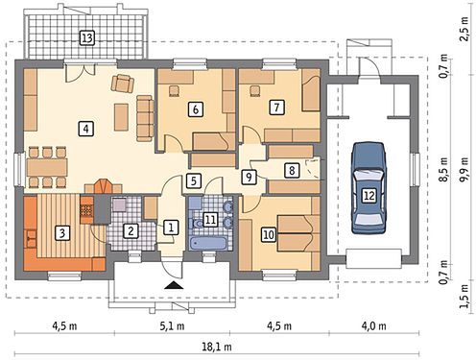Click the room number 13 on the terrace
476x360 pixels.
pos(86,38)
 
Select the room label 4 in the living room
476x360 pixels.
pos(85,129)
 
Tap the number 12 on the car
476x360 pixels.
pos(369,195)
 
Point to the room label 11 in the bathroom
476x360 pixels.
pos(210,220)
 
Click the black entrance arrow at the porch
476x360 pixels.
pos(174,285)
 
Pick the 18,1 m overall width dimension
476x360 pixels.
pos(217,347)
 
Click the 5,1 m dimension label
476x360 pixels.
pos(172,326)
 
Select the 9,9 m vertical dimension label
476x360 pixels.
pos(464,170)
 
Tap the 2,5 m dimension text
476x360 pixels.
pos(464,28)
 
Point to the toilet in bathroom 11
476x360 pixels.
pos(197,223)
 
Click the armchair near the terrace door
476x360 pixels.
pos(123,84)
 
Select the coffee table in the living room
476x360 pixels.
pos(121,117)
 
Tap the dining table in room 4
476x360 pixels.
pos(47,167)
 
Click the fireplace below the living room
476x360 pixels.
pos(103,186)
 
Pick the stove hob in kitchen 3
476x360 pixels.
pos(86,210)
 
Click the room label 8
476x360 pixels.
pos(292,170)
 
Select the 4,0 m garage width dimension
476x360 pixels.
pos(373,326)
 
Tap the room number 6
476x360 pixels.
pos(196,109)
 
